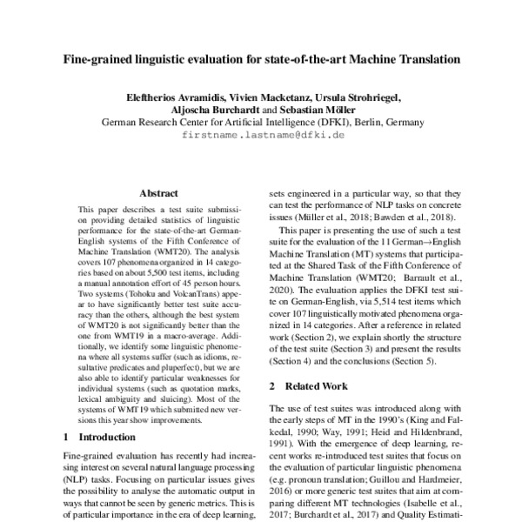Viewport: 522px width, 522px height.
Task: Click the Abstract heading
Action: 158,194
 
